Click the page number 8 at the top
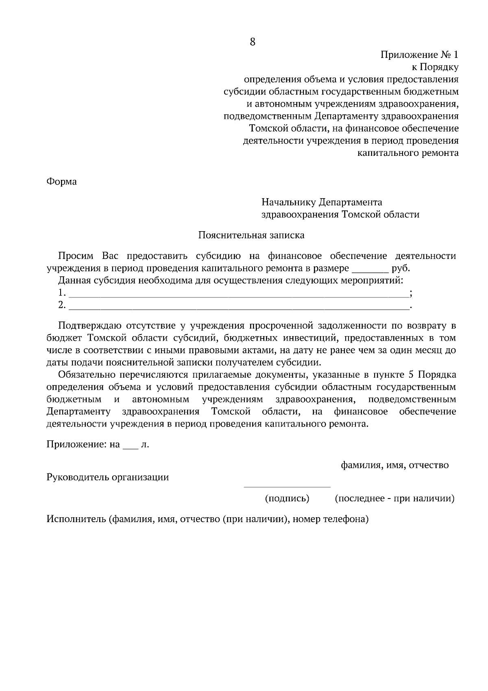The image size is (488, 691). point(252,42)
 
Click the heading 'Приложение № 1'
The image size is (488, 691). point(419,55)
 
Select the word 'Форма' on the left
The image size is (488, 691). point(61,181)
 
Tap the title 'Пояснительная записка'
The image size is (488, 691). point(251,235)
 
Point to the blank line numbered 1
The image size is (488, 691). point(239,294)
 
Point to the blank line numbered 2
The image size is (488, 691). point(239,306)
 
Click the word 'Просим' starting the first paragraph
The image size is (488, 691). point(76,256)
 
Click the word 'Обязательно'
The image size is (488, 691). point(87,375)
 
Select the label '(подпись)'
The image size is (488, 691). point(287,499)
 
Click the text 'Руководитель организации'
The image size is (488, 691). point(108,477)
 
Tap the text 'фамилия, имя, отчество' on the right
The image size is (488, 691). point(394,465)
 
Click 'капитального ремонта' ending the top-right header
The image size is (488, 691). point(408,153)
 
